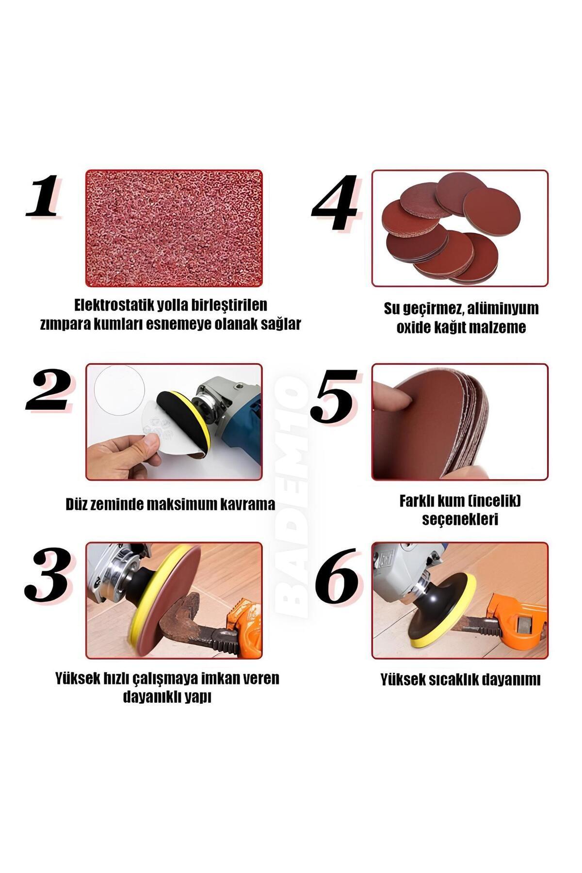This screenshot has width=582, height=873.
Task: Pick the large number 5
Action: (334, 395)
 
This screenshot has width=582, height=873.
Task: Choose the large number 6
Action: (337, 576)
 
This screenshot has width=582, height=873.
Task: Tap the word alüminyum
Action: (501, 308)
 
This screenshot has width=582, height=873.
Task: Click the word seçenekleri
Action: (460, 519)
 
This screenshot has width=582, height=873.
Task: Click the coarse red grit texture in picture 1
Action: (174, 228)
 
